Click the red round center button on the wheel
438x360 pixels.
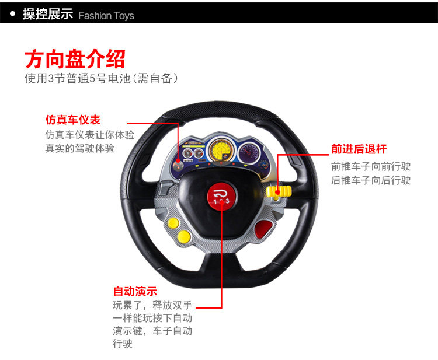[221, 195]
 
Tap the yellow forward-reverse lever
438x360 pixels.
[280, 191]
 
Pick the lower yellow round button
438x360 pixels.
[184, 236]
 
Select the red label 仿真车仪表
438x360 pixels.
[73, 120]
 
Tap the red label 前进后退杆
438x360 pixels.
[359, 149]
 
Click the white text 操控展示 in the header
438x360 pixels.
[47, 14]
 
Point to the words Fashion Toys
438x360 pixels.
[106, 15]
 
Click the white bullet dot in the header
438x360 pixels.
[12, 13]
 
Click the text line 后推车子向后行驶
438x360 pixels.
[371, 180]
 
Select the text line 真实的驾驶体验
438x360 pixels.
[79, 148]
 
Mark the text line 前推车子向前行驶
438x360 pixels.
[371, 166]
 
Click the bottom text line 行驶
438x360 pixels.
[123, 344]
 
